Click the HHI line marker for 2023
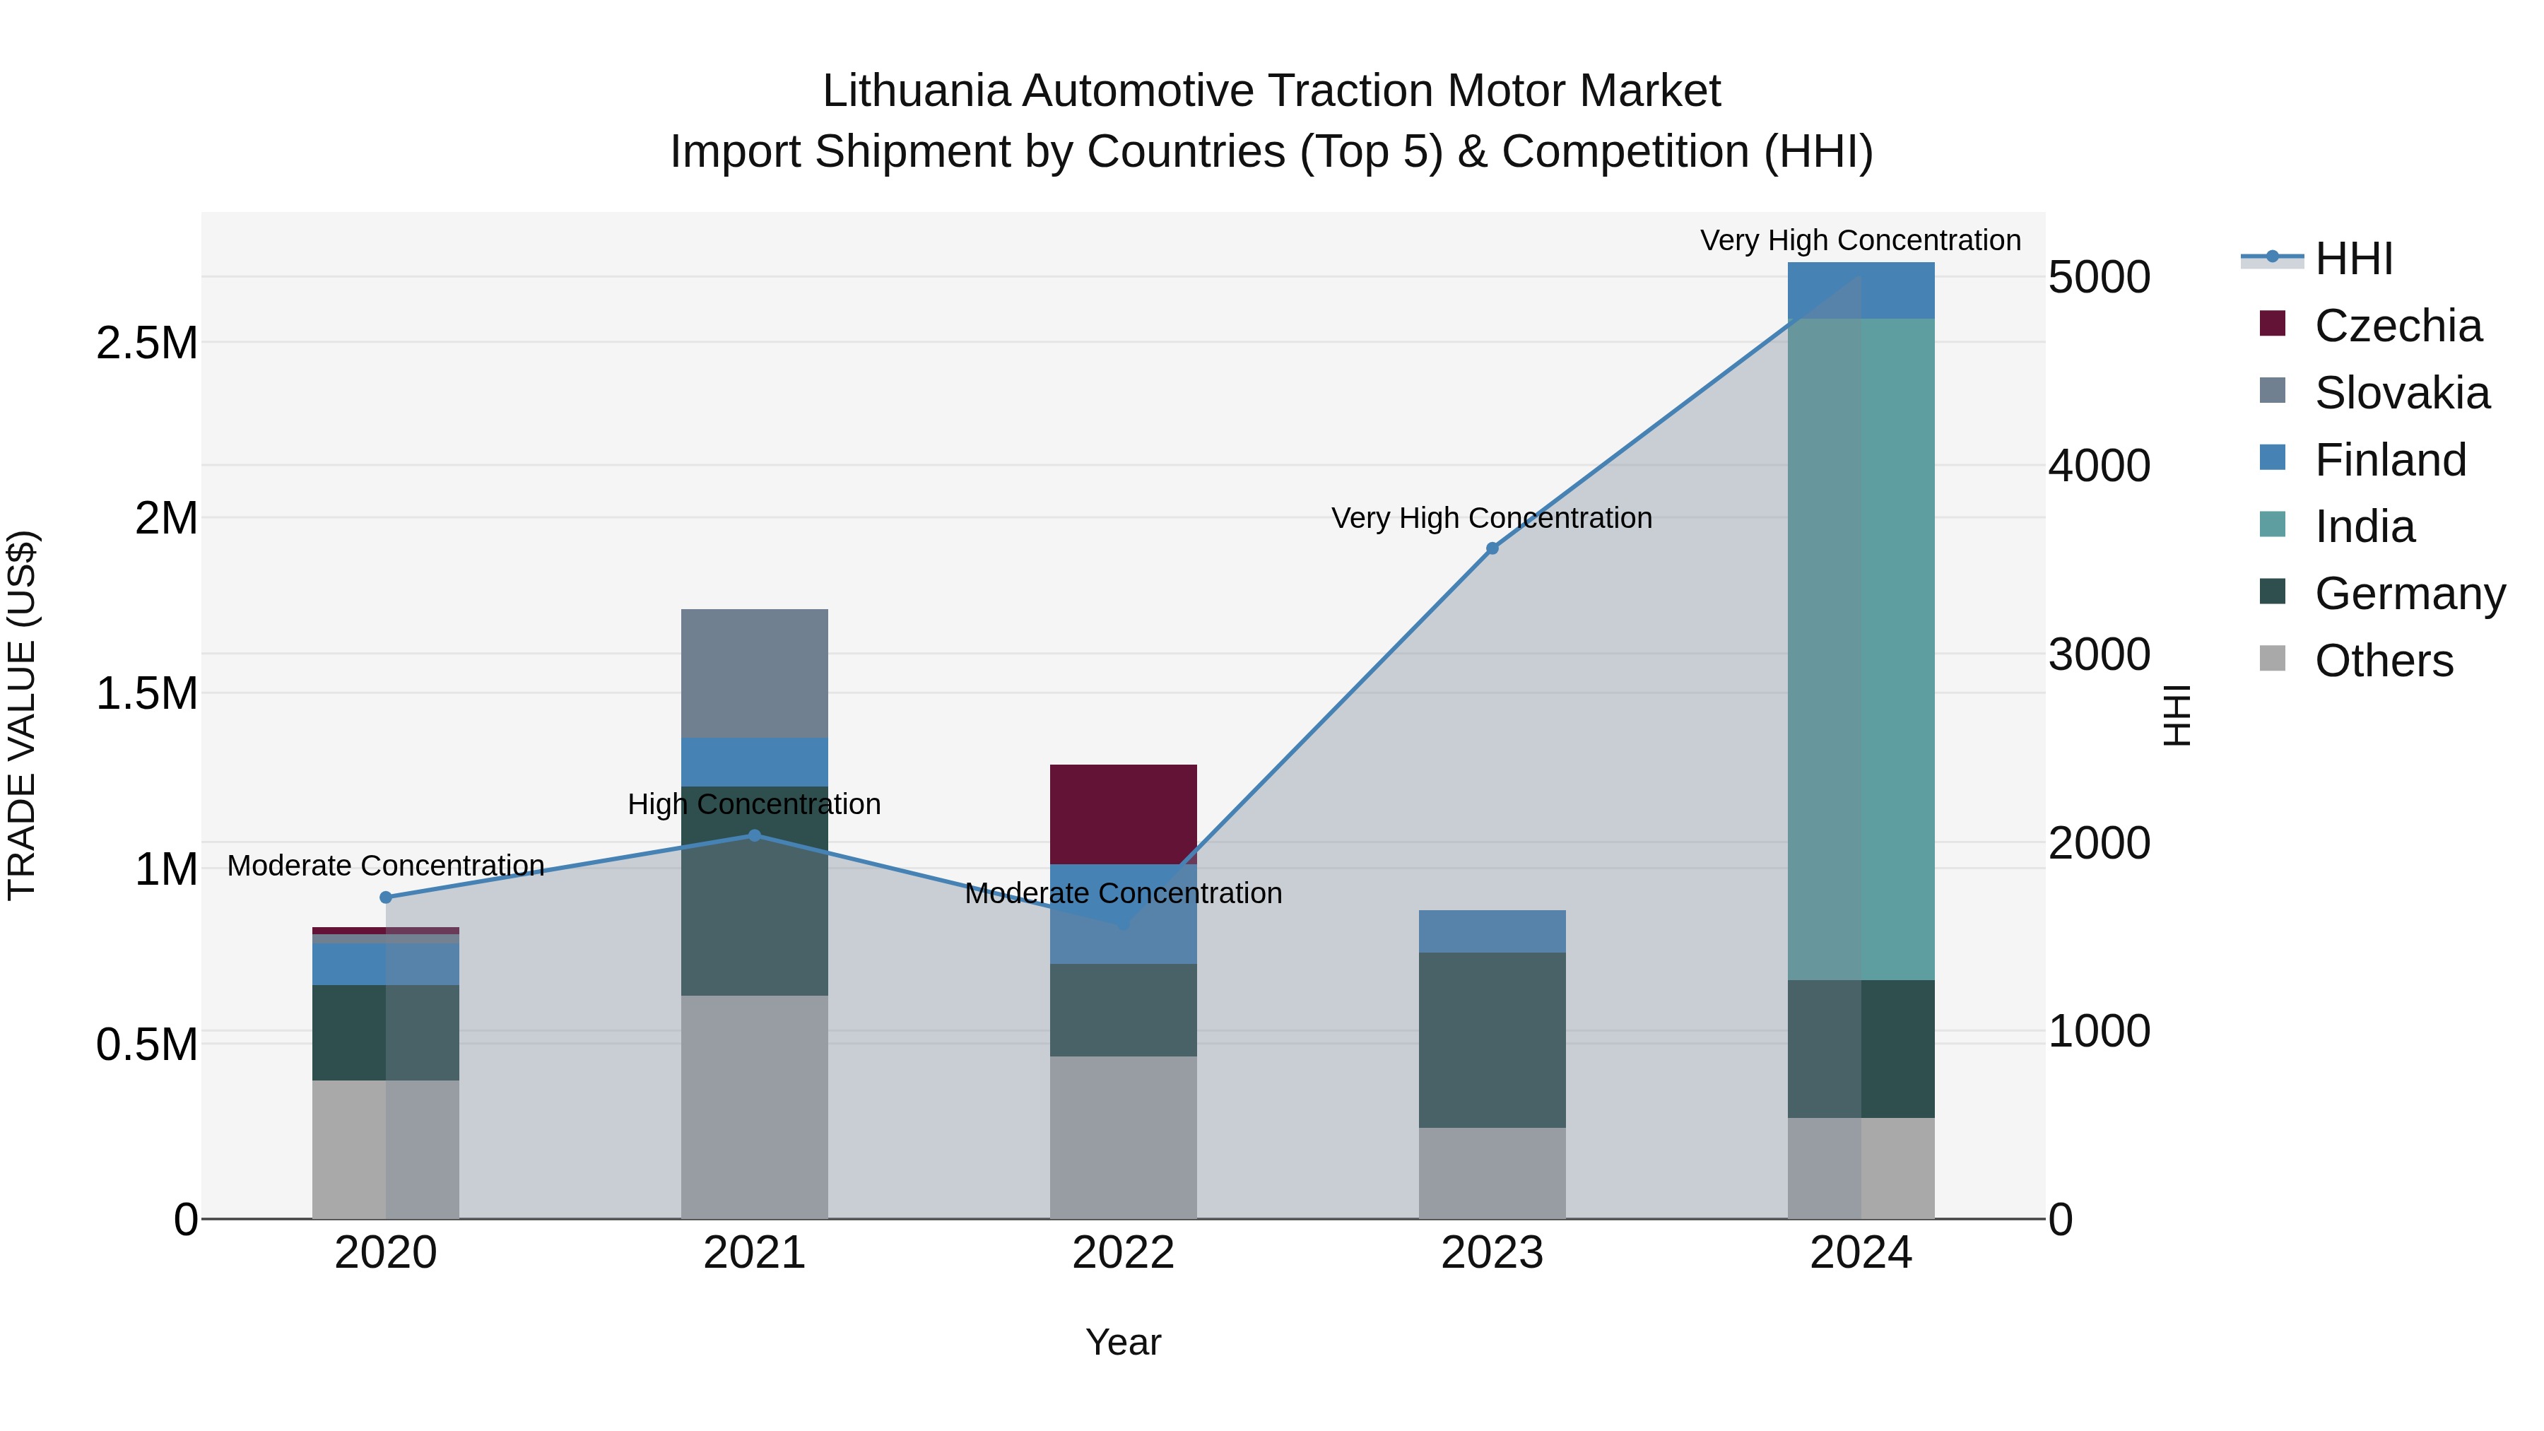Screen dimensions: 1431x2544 (x=1492, y=548)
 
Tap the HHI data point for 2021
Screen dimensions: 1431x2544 (x=755, y=835)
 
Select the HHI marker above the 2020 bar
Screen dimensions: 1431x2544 (x=386, y=897)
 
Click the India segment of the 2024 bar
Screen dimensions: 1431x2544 (x=1861, y=649)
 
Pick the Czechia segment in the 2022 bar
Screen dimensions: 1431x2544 (x=1123, y=814)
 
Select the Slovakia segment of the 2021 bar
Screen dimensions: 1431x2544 (x=755, y=673)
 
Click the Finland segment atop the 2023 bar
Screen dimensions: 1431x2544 (x=1492, y=931)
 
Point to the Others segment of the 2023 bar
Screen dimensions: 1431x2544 (x=1492, y=1173)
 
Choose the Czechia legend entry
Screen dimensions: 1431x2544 (x=2397, y=326)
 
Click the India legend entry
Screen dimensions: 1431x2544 (x=2365, y=526)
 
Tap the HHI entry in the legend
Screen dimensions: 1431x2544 (x=2353, y=259)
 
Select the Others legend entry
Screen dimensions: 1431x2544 (x=2383, y=661)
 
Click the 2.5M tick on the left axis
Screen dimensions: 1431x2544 (x=147, y=343)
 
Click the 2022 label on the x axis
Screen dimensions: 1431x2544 (x=1123, y=1253)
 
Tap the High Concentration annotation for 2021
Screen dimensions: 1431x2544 (x=755, y=805)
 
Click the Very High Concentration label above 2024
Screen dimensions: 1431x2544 (x=1861, y=241)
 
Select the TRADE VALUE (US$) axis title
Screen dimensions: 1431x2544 (x=22, y=715)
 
